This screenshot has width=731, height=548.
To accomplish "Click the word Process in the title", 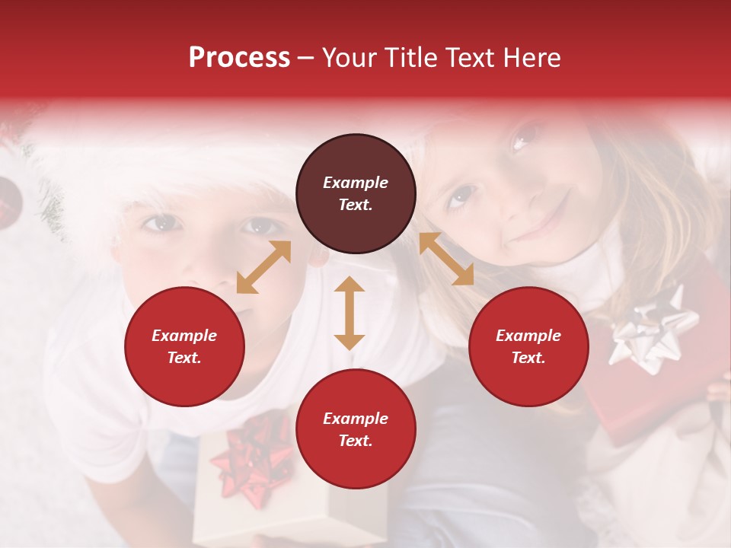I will (239, 58).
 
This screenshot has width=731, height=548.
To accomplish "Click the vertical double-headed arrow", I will (350, 313).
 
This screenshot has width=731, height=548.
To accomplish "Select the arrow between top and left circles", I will (263, 267).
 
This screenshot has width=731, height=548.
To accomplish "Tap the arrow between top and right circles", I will (446, 259).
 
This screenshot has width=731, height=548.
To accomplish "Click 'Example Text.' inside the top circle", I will (356, 193).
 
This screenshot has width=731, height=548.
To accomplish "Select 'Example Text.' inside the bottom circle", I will (356, 429).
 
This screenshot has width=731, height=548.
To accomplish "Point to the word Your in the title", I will (348, 58).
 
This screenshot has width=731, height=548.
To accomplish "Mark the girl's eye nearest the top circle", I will (459, 197).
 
